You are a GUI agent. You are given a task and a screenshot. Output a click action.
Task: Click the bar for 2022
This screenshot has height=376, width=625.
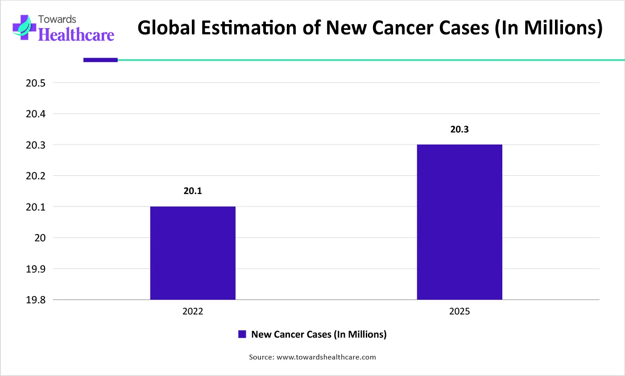[x=193, y=253]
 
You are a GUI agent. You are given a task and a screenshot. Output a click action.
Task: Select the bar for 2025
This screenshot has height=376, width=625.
[x=459, y=222]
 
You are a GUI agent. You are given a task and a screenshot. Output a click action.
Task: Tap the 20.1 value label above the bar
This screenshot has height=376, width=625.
[x=193, y=191]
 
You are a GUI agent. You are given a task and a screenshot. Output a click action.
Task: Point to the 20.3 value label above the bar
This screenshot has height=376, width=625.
[x=459, y=129]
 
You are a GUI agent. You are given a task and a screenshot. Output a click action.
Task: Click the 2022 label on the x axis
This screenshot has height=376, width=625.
[x=193, y=311]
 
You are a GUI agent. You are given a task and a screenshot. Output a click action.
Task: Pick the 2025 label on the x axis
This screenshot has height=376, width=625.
[x=459, y=311]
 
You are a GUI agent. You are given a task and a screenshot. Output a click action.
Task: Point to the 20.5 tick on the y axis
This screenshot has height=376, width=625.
[x=36, y=83]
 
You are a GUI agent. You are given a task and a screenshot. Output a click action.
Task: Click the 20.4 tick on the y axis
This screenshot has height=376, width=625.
[x=36, y=114]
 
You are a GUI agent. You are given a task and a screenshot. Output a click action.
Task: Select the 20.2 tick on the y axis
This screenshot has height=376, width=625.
[x=36, y=176]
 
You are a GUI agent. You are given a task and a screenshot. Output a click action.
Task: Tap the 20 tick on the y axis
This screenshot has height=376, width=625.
[x=40, y=238]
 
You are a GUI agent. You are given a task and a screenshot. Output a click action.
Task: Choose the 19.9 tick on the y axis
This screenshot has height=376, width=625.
[x=36, y=269]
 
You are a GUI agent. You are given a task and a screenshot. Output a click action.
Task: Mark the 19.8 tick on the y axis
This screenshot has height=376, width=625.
[x=36, y=300]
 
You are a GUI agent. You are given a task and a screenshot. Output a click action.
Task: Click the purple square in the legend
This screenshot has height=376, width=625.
[x=242, y=334]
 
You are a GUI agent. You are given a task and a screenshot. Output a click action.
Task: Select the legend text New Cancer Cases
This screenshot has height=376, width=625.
[x=319, y=334]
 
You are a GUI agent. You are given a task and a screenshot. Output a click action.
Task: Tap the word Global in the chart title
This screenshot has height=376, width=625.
[x=166, y=28]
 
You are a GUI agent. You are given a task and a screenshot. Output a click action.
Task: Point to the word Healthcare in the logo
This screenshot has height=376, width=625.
[x=76, y=35]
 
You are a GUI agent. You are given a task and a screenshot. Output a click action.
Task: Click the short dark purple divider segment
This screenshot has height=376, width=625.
[x=100, y=60]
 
